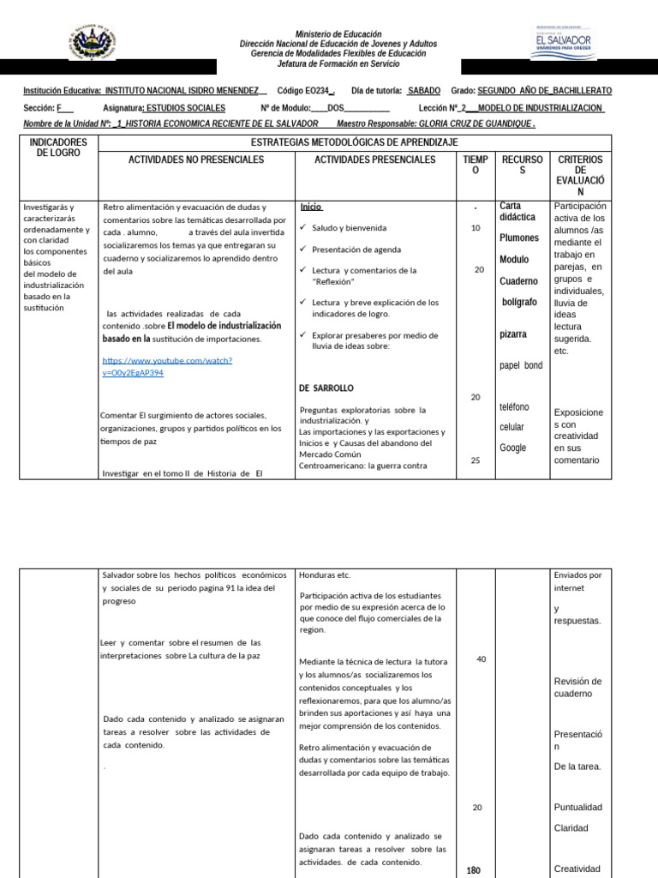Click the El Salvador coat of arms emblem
point(89,42)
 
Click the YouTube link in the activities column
point(167,366)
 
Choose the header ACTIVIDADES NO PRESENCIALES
point(196,159)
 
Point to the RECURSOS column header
point(522,165)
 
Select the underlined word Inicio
point(311,207)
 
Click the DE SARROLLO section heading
point(326,388)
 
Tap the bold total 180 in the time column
point(474,870)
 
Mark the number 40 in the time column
point(481,658)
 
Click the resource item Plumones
point(519,238)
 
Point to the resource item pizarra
point(513,334)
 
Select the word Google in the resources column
point(514,448)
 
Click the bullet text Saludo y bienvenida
point(349,228)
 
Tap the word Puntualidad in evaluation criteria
point(578,807)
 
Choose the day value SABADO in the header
point(424,90)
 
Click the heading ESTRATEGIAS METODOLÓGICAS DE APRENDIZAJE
point(354,141)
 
